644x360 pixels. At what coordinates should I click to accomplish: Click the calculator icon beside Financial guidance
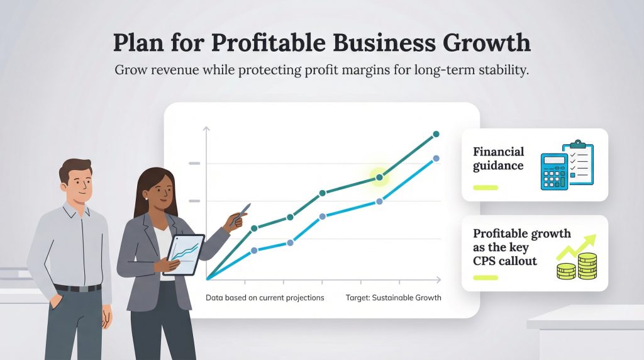(x=554, y=171)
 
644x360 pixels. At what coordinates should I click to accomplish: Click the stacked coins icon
(x=577, y=266)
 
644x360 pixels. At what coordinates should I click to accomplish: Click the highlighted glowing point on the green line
(x=379, y=177)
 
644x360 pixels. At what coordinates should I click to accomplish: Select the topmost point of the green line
(x=436, y=134)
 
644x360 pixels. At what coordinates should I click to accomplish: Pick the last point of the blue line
(x=436, y=158)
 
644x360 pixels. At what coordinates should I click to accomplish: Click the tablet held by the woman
(x=184, y=255)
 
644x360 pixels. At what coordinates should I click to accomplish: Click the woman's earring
(x=147, y=199)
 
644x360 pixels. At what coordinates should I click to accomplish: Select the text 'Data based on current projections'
(x=265, y=298)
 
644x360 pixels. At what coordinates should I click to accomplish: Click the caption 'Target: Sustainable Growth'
(x=394, y=298)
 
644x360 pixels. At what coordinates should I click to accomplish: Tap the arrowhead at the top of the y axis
(x=206, y=128)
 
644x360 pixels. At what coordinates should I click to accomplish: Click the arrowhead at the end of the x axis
(x=438, y=279)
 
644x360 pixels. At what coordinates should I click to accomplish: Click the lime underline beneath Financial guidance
(x=486, y=188)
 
